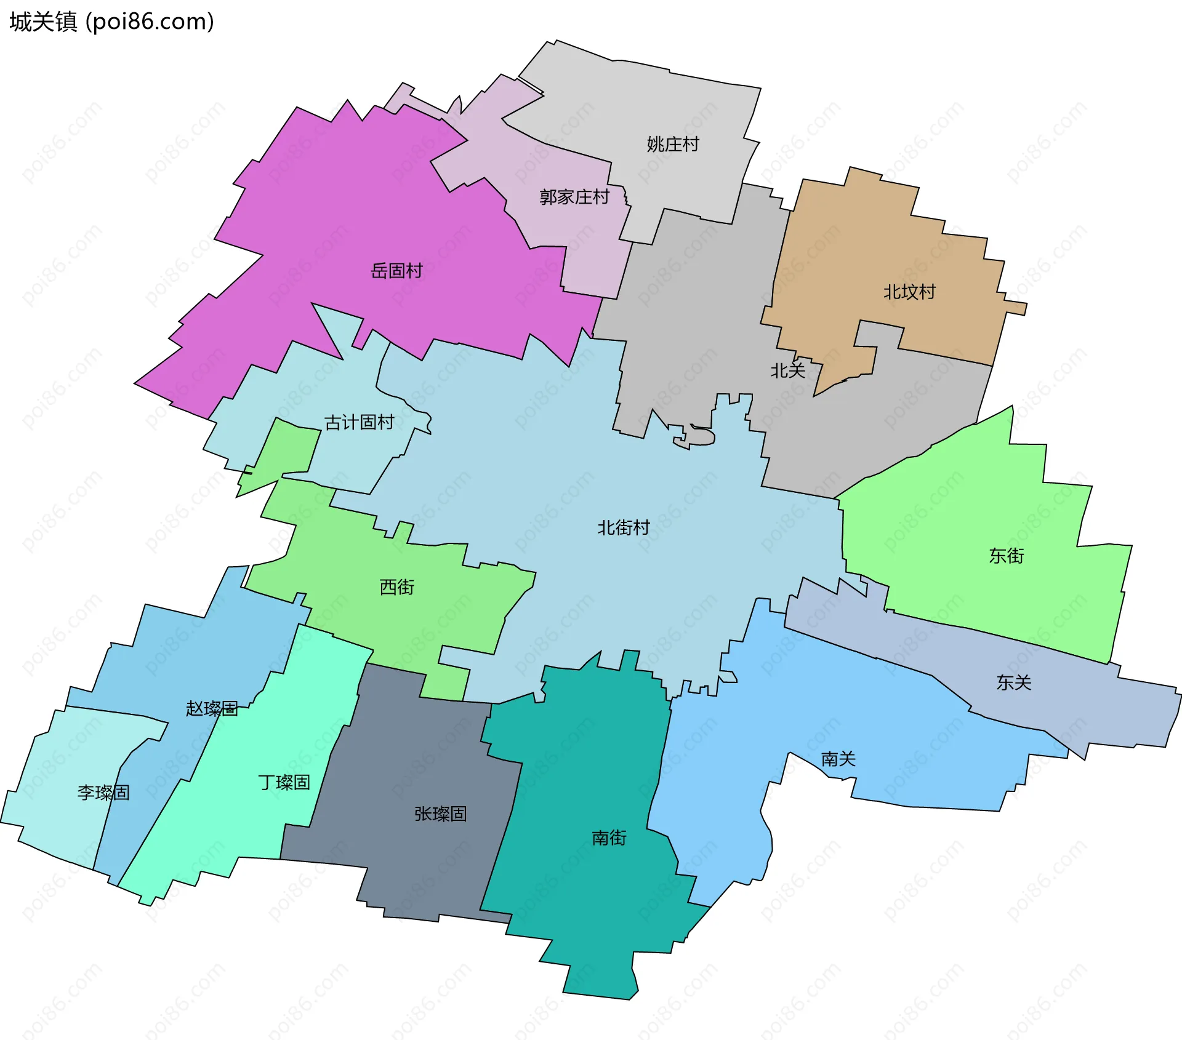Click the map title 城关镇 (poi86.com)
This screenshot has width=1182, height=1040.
[x=111, y=22]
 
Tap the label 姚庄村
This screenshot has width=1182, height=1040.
[x=673, y=144]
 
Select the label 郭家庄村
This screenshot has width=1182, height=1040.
[x=574, y=197]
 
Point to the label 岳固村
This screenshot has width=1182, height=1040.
[x=396, y=271]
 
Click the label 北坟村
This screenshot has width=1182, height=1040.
[x=909, y=292]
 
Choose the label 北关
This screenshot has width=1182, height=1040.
[x=788, y=370]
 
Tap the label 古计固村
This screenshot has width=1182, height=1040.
[x=360, y=422]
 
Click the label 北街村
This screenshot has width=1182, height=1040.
[x=624, y=527]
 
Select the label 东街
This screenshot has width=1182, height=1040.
[x=1007, y=556]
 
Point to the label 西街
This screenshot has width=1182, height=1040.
[x=397, y=587]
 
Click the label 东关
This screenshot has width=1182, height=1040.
[x=1014, y=682]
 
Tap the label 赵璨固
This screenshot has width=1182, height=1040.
[x=212, y=708]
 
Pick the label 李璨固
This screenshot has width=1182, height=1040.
[x=103, y=793]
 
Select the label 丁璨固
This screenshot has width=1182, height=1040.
[x=284, y=782]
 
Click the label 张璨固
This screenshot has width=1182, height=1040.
[x=440, y=814]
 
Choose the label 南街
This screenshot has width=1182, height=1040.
[x=609, y=838]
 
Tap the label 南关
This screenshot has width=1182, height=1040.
[x=838, y=759]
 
